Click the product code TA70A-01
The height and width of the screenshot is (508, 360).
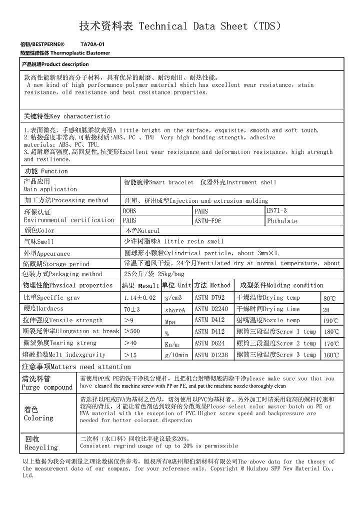[x=92, y=44]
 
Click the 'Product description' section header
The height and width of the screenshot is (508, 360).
[x=55, y=64]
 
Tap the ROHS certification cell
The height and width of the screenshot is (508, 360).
[x=130, y=211]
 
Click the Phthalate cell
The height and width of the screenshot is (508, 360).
[x=282, y=221]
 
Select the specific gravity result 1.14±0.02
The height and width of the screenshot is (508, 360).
[x=139, y=298]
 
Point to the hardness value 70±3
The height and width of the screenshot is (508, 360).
[x=132, y=309]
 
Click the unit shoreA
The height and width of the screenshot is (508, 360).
[x=175, y=310]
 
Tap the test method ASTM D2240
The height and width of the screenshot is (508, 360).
[x=211, y=309]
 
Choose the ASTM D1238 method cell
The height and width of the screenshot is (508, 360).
[x=211, y=355]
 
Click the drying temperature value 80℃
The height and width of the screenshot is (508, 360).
[x=329, y=298]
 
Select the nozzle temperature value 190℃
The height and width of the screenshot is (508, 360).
[x=330, y=321]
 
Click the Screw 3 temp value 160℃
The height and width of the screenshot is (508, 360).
[x=330, y=355]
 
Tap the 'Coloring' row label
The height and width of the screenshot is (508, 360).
[x=38, y=414]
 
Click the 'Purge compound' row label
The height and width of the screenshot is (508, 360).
[x=47, y=383]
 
